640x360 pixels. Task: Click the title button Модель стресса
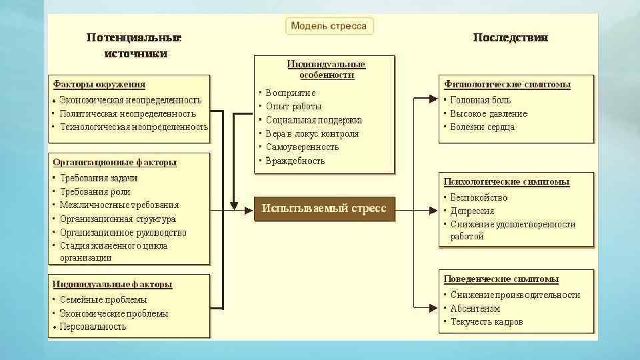tap(329, 26)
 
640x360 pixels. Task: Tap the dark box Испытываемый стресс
tap(324, 209)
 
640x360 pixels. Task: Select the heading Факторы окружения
tap(99, 85)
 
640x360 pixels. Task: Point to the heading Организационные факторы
tap(115, 162)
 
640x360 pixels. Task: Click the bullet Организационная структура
tap(118, 219)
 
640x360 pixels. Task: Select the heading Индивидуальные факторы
tap(112, 284)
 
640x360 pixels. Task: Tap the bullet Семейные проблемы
tap(103, 300)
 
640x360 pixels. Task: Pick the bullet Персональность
tap(93, 327)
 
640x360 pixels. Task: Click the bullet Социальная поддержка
tap(313, 120)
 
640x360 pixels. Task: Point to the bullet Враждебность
tap(295, 161)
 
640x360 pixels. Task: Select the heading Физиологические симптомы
tap(507, 85)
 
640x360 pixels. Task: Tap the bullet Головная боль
tap(481, 100)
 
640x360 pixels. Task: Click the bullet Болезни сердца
tap(482, 127)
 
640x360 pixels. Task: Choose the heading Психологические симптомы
tap(507, 181)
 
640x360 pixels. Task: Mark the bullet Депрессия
tap(472, 211)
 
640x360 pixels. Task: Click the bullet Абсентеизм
tap(475, 309)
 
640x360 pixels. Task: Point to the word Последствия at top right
tap(511, 38)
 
